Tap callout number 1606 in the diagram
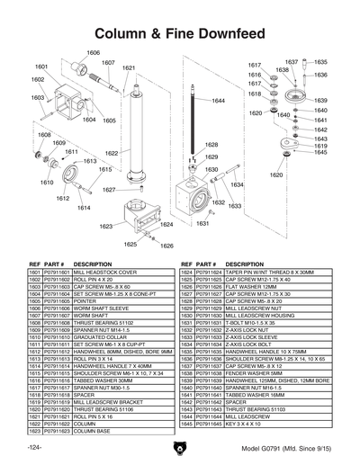click(x=93, y=54)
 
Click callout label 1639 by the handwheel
click(x=320, y=101)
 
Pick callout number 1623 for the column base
click(x=105, y=227)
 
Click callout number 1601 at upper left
click(x=41, y=67)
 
